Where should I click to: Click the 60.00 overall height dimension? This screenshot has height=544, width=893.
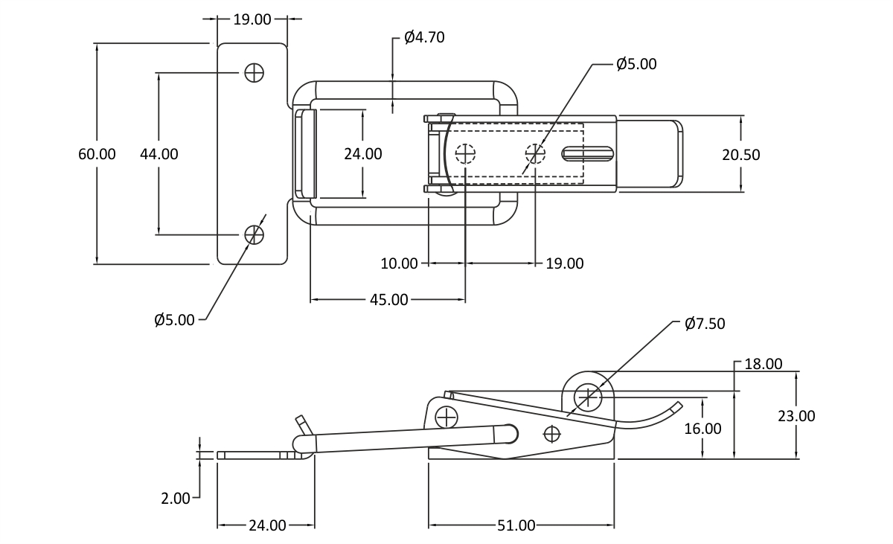pyautogui.click(x=97, y=154)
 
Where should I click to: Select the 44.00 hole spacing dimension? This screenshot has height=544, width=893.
pyautogui.click(x=159, y=154)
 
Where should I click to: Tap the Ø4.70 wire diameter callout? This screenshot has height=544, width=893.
pyautogui.click(x=424, y=37)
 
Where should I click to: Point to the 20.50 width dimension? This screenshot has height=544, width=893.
pyautogui.click(x=741, y=155)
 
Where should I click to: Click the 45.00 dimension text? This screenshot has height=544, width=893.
pyautogui.click(x=389, y=300)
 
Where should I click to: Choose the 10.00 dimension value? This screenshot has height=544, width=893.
pyautogui.click(x=399, y=264)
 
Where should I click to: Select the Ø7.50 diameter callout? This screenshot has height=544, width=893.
pyautogui.click(x=705, y=324)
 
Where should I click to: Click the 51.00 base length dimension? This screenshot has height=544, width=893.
pyautogui.click(x=516, y=526)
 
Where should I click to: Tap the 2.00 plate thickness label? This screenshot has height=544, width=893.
pyautogui.click(x=176, y=499)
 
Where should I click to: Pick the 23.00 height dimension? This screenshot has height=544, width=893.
pyautogui.click(x=796, y=417)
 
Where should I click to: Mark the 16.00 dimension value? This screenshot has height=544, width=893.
pyautogui.click(x=702, y=429)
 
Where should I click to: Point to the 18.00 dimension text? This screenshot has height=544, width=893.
pyautogui.click(x=764, y=364)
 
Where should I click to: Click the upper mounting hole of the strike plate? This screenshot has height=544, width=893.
pyautogui.click(x=254, y=73)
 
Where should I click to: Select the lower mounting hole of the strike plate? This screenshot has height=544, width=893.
pyautogui.click(x=254, y=234)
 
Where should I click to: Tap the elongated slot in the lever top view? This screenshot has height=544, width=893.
pyautogui.click(x=588, y=154)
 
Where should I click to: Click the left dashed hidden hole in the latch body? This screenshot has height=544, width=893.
pyautogui.click(x=465, y=153)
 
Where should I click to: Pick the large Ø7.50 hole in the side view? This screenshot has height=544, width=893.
pyautogui.click(x=588, y=397)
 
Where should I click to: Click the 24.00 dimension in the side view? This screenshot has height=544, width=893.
pyautogui.click(x=267, y=526)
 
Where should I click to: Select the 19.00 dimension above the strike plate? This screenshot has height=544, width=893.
pyautogui.click(x=252, y=19)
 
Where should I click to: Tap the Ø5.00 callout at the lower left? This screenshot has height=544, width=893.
pyautogui.click(x=174, y=320)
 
